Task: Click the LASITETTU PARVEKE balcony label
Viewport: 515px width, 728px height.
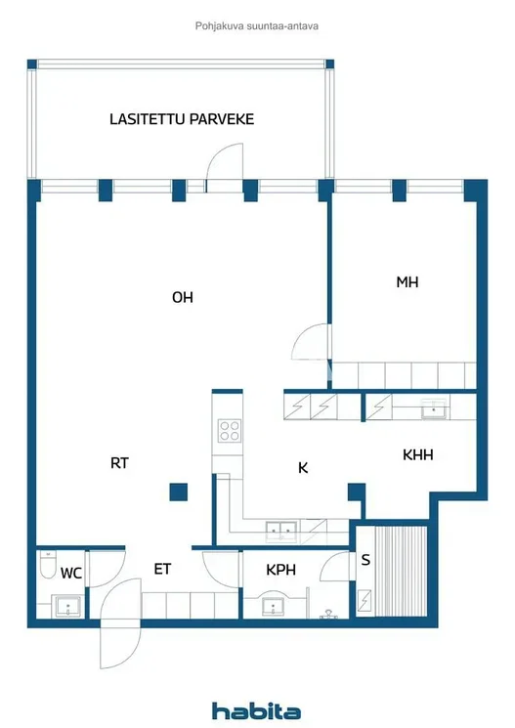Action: pyautogui.click(x=182, y=119)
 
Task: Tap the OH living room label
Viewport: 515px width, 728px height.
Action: pyautogui.click(x=183, y=297)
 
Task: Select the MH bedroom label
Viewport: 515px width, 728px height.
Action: pyautogui.click(x=408, y=281)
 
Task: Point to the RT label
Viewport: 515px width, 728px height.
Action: pyautogui.click(x=119, y=463)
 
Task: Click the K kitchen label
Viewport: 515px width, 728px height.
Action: pyautogui.click(x=303, y=467)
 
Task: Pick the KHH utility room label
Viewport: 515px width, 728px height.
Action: pyautogui.click(x=418, y=454)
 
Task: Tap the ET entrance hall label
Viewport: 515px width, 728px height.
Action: pyautogui.click(x=162, y=569)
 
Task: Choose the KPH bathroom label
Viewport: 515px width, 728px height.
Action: pyautogui.click(x=280, y=570)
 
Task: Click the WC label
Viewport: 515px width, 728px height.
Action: pyautogui.click(x=71, y=574)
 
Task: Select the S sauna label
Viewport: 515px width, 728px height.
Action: pyautogui.click(x=365, y=560)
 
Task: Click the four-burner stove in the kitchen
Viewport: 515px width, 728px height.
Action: pyautogui.click(x=230, y=430)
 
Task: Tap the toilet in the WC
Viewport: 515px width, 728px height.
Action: pyautogui.click(x=47, y=564)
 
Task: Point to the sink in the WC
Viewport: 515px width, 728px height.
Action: pyautogui.click(x=68, y=607)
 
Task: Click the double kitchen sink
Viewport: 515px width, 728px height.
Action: pyautogui.click(x=280, y=532)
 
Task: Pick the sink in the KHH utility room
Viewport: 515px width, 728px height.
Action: pyautogui.click(x=434, y=409)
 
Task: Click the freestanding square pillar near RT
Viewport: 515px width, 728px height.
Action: pyautogui.click(x=178, y=492)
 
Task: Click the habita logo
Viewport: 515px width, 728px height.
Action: pyautogui.click(x=256, y=710)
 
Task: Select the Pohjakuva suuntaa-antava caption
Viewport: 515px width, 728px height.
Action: pyautogui.click(x=257, y=26)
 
